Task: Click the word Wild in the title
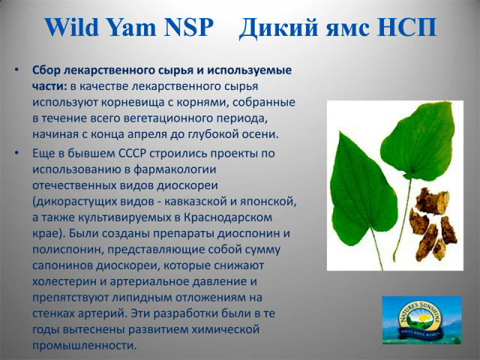pyautogui.click(x=72, y=27)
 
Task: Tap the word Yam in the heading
pyautogui.click(x=132, y=27)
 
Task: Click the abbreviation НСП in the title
pyautogui.click(x=407, y=27)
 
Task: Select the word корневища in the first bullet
pyautogui.click(x=133, y=103)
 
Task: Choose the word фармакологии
pyautogui.click(x=175, y=169)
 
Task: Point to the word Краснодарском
pyautogui.click(x=228, y=217)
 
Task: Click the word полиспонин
pyautogui.click(x=67, y=250)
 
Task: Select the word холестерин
pyautogui.click(x=64, y=282)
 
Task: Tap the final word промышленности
pyautogui.click(x=84, y=346)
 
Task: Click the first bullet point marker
pyautogui.click(x=16, y=70)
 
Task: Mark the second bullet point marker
pyautogui.click(x=16, y=153)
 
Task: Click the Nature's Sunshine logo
pyautogui.click(x=421, y=320)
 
